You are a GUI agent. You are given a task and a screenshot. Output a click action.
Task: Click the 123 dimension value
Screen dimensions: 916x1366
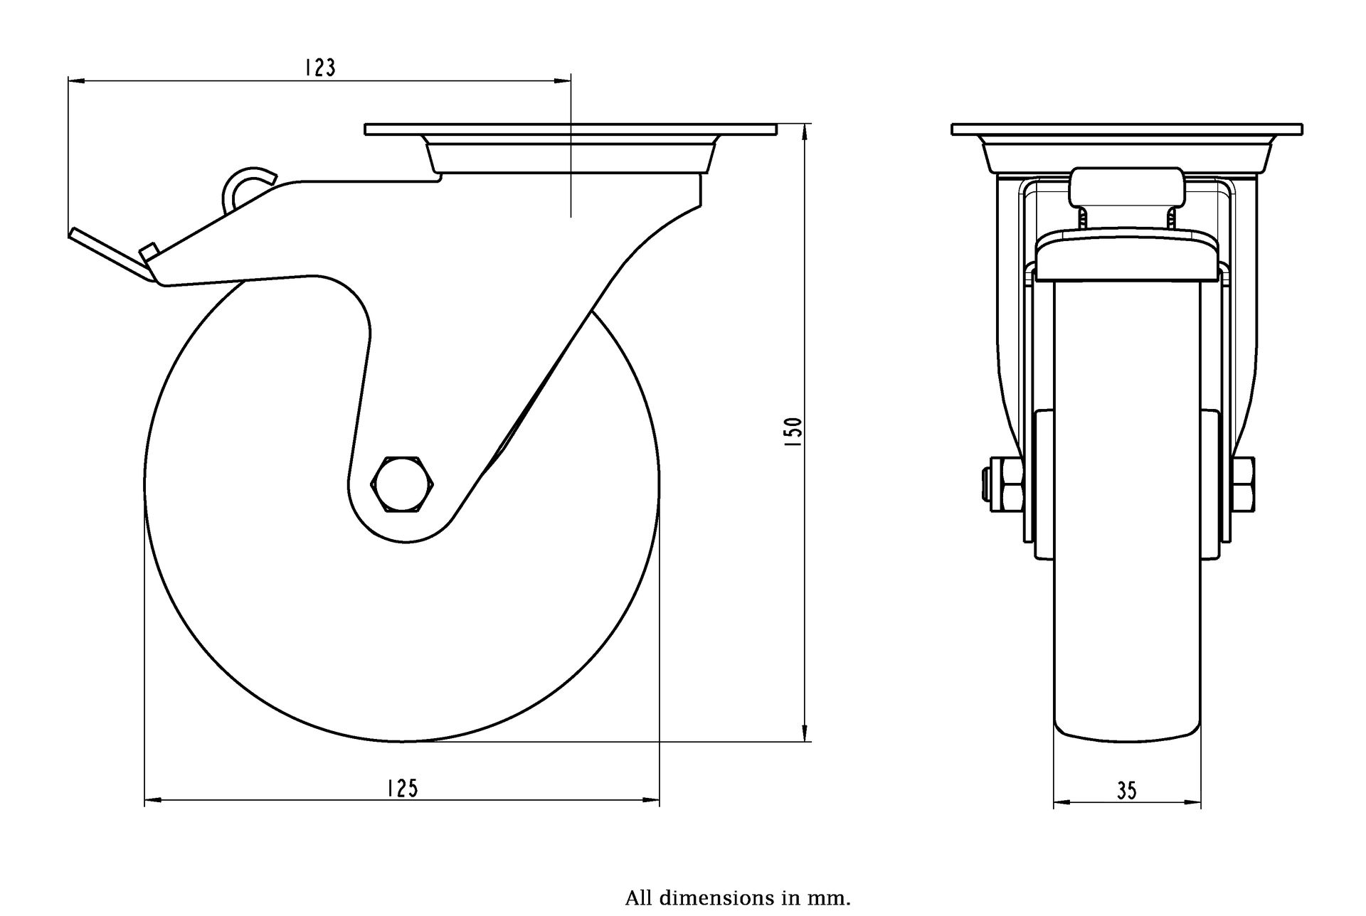click(x=319, y=68)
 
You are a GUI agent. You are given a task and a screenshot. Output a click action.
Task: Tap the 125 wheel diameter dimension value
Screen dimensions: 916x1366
click(x=402, y=788)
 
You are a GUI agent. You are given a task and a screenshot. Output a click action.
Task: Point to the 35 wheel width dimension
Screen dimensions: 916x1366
click(x=1127, y=791)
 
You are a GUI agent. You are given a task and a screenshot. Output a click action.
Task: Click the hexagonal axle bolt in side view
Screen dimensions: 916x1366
click(x=403, y=484)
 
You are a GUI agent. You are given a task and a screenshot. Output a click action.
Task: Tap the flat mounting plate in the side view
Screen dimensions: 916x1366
click(x=569, y=129)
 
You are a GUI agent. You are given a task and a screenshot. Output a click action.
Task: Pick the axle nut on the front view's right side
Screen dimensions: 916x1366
click(x=1244, y=484)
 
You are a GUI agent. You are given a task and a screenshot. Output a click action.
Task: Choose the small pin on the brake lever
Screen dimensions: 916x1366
click(x=148, y=252)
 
